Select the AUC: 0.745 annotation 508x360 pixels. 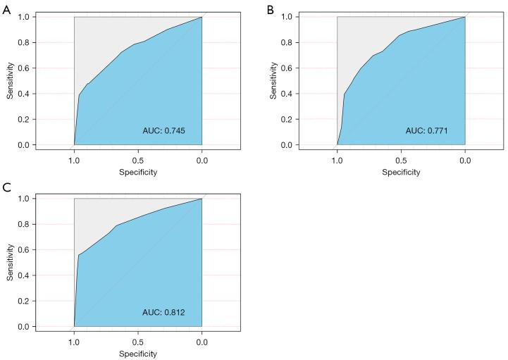pyautogui.click(x=164, y=131)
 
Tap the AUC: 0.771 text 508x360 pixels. pyautogui.click(x=426, y=130)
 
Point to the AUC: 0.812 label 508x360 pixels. pyautogui.click(x=164, y=312)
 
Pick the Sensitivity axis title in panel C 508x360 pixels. pyautogui.click(x=11, y=262)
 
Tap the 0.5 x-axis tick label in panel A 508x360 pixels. pyautogui.click(x=138, y=160)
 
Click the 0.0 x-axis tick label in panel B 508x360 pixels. pyautogui.click(x=465, y=160)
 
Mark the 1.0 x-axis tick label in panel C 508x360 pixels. pyautogui.click(x=74, y=341)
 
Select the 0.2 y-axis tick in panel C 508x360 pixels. pyautogui.click(x=25, y=301)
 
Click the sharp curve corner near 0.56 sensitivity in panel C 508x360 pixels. pyautogui.click(x=78, y=255)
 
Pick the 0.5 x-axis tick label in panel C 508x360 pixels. pyautogui.click(x=138, y=341)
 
